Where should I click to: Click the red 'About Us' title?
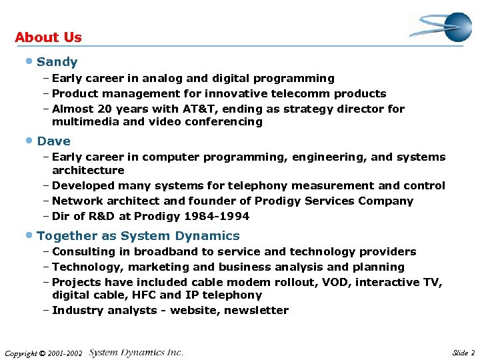pos(48,37)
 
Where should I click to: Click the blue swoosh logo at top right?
pos(441,27)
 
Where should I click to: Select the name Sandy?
pos(57,62)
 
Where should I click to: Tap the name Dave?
pos(54,141)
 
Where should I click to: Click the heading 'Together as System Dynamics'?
pos(139,236)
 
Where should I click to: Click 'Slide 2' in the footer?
pos(463,352)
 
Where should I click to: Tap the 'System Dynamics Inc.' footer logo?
pos(136,352)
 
